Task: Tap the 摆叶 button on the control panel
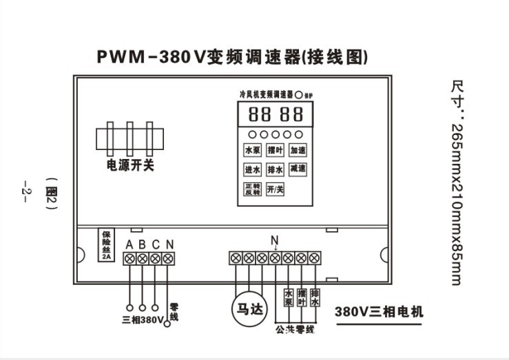click(x=275, y=150)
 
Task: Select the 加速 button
click(x=298, y=150)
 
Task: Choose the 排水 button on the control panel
click(x=275, y=169)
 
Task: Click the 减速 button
click(x=298, y=169)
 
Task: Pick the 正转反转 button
click(x=252, y=189)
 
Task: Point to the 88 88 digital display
click(x=274, y=114)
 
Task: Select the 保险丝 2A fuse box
click(x=106, y=244)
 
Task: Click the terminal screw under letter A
click(x=129, y=259)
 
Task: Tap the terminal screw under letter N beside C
click(x=168, y=259)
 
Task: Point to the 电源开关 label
click(x=130, y=165)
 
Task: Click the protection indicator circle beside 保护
click(x=300, y=93)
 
